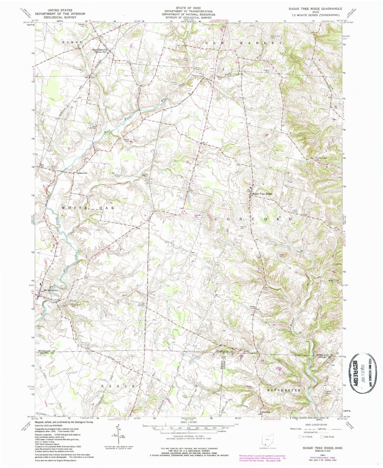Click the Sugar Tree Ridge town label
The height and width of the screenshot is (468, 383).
pyautogui.click(x=262, y=194)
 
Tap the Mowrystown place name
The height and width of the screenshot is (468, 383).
pyautogui.click(x=51, y=290)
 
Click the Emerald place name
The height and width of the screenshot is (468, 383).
pyautogui.click(x=266, y=412)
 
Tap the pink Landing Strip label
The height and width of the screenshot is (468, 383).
pyautogui.click(x=196, y=216)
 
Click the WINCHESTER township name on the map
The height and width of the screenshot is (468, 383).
pyautogui.click(x=284, y=390)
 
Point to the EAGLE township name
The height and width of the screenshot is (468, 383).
pyautogui.click(x=118, y=386)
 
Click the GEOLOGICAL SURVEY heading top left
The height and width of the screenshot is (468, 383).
pyautogui.click(x=60, y=17)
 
